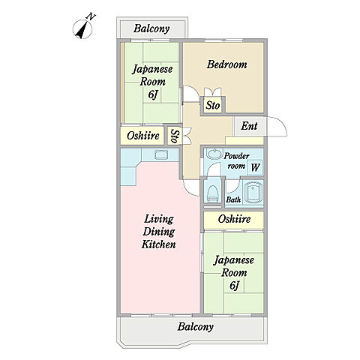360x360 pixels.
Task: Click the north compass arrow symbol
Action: point(82,29)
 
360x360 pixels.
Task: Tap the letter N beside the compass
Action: point(91,16)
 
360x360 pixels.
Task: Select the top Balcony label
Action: point(151,28)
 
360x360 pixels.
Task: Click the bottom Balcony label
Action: point(195,327)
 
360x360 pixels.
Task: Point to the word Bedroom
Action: point(227,64)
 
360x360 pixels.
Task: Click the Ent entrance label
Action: point(249,126)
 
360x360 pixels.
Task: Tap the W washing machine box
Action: point(255,167)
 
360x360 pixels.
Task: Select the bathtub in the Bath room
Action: point(253,193)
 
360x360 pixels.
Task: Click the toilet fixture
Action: point(213,194)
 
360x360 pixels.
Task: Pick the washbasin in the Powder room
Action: point(214,154)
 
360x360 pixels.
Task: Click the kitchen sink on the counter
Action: point(161,154)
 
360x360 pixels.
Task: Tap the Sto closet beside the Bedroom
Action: point(213,105)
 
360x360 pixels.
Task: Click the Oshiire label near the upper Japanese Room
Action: point(143,136)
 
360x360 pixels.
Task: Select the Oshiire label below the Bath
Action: point(234,219)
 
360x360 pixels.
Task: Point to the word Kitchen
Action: point(159,244)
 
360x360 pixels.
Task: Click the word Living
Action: point(159,219)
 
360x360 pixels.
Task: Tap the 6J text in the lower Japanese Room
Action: point(235,286)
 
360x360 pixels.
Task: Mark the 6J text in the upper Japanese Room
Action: point(153,94)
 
